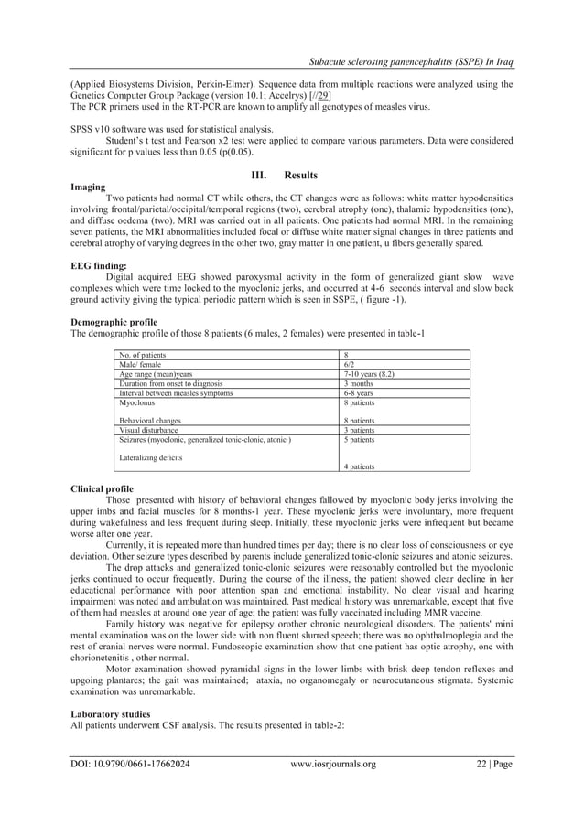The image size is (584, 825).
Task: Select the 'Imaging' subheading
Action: pos(88,186)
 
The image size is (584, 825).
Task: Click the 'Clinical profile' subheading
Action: pos(102,488)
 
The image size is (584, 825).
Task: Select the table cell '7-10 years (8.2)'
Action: pos(365,374)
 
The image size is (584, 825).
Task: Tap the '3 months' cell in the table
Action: pos(357,383)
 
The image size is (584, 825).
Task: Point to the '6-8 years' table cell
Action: pos(356,392)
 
